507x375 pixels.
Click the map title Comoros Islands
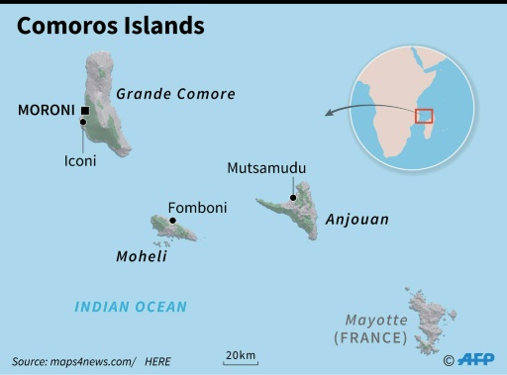110,26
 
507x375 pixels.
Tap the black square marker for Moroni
86,111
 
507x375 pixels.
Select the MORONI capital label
47,111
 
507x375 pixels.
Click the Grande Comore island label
175,94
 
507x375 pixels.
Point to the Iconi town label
80,160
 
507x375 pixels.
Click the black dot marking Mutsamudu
293,197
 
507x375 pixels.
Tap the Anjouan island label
356,220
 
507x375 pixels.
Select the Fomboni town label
197,208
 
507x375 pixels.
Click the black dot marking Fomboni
173,221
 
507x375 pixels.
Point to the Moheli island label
142,256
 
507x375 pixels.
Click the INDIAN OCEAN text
131,307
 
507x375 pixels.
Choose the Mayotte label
375,320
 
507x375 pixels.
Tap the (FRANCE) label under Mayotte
370,337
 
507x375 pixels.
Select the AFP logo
474,360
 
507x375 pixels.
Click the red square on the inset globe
424,116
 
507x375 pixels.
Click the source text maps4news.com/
87,361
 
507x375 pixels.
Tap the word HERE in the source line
158,361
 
